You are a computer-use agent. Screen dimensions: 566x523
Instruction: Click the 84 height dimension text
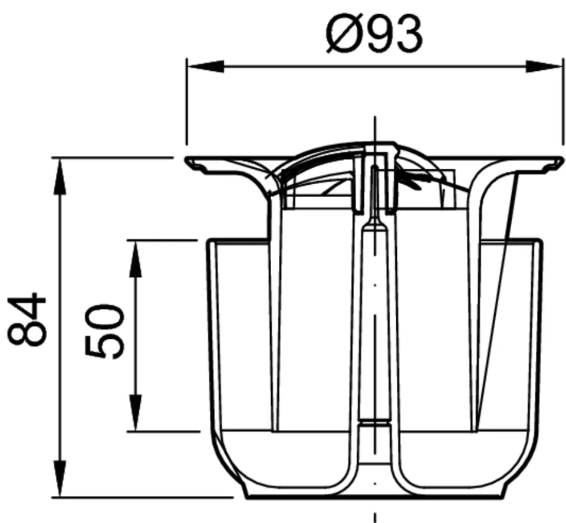[x=27, y=320]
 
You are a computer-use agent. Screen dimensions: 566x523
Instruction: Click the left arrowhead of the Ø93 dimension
[x=205, y=67]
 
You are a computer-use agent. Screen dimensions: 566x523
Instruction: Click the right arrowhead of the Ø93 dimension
[x=544, y=67]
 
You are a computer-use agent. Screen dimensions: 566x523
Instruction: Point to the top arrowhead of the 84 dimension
[x=60, y=176]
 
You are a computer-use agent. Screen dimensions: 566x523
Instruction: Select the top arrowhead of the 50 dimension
[x=136, y=259]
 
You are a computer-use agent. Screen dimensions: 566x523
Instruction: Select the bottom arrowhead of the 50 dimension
[x=136, y=413]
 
